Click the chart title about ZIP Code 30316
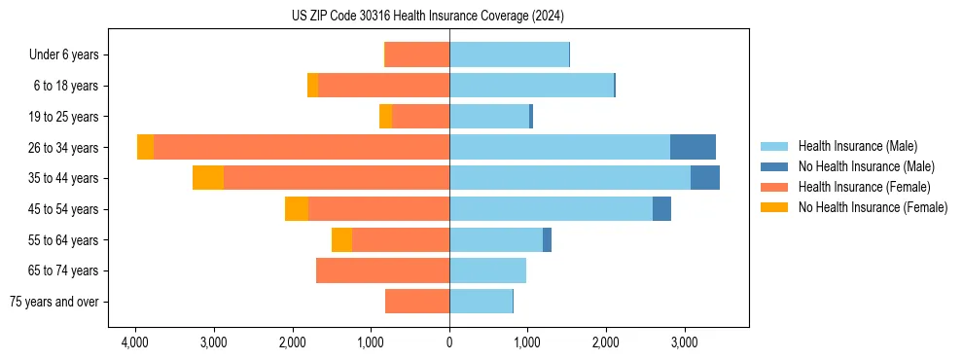pyautogui.click(x=427, y=17)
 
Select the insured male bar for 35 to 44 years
pyautogui.click(x=570, y=178)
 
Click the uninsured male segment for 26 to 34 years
pyautogui.click(x=693, y=147)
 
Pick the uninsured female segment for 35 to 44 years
pyautogui.click(x=208, y=178)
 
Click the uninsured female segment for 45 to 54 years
pyautogui.click(x=297, y=209)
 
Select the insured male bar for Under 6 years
pyautogui.click(x=509, y=54)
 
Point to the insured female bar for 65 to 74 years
pyautogui.click(x=382, y=270)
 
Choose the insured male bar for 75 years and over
pyautogui.click(x=481, y=302)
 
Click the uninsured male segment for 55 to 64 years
pyautogui.click(x=547, y=239)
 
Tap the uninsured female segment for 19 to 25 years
pyautogui.click(x=386, y=117)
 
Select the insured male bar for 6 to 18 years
pyautogui.click(x=531, y=86)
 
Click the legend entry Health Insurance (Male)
pyautogui.click(x=857, y=146)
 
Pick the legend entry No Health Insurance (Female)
pyautogui.click(x=873, y=207)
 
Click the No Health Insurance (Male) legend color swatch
pyautogui.click(x=774, y=166)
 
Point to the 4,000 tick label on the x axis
pyautogui.click(x=134, y=342)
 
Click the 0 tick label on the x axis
pyautogui.click(x=449, y=342)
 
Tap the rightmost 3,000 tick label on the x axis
pyautogui.click(x=684, y=342)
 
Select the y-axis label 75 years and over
pyautogui.click(x=53, y=302)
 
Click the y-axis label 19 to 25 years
pyautogui.click(x=65, y=117)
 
